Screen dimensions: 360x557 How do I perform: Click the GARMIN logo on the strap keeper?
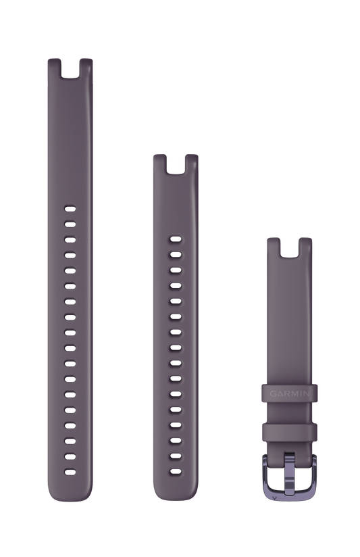289,393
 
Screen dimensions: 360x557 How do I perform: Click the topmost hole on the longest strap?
70,209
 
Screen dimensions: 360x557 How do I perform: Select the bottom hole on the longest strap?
70,473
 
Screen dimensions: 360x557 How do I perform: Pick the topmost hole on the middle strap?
176,239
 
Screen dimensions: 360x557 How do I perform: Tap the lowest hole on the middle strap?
176,472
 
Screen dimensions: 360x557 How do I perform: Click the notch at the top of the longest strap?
70,69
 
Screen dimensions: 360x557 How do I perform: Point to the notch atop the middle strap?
176,165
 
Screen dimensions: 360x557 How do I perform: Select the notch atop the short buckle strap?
289,248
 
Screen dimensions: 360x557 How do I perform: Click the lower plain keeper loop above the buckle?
289,432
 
